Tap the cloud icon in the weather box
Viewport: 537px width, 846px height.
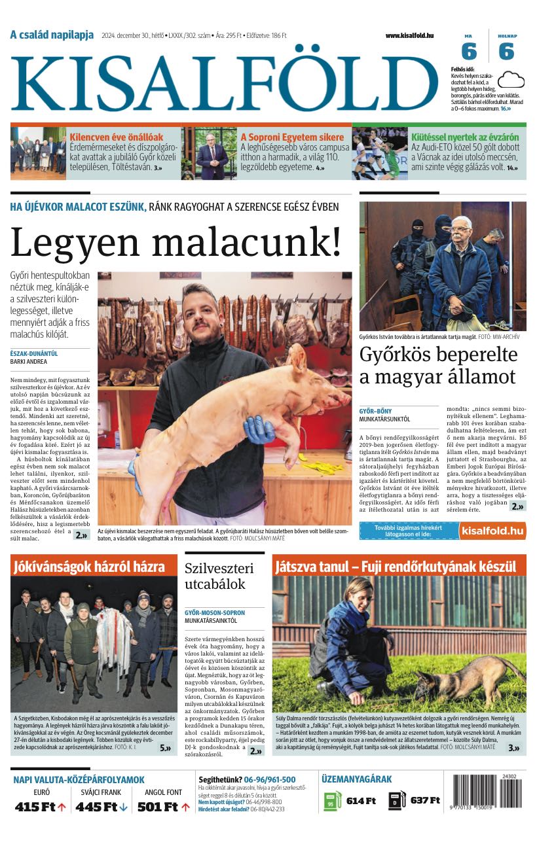pos(511,80)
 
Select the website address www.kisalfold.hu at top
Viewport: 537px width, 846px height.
pos(409,35)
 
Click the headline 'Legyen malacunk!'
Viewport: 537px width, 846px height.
pos(176,241)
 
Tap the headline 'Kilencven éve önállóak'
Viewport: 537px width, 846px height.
pos(117,137)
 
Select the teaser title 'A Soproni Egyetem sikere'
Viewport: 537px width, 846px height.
pos(292,137)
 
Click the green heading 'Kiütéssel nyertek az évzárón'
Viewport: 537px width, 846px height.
pos(465,137)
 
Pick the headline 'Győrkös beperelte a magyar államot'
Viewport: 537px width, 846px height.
pos(438,366)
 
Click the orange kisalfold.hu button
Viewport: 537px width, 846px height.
pos(492,531)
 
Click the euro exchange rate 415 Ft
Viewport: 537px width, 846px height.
pos(35,807)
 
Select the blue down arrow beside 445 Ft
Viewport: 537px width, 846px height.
pos(123,807)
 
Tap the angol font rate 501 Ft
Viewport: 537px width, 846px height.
pos(158,807)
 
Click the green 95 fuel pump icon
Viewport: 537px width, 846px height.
pos(333,801)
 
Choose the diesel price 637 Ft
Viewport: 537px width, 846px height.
pos(425,801)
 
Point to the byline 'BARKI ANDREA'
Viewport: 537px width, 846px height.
pos(29,361)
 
